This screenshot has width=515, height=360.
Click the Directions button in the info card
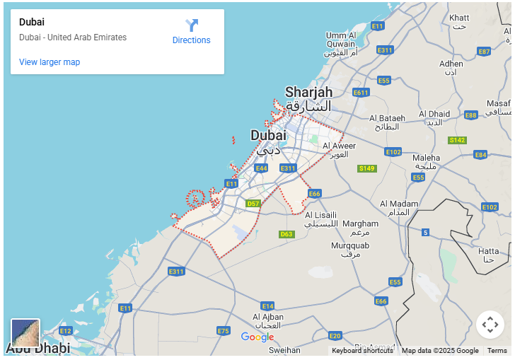tap(191, 32)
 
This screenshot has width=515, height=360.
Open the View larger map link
tap(50, 62)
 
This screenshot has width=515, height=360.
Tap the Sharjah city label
tap(308, 92)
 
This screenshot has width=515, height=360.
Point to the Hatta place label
tap(488, 251)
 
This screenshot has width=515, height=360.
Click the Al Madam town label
tap(399, 204)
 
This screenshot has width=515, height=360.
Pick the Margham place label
tap(360, 223)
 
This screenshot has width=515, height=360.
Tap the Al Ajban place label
tap(268, 318)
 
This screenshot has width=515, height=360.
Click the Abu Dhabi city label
tap(38, 348)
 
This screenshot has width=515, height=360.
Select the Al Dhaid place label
tap(434, 114)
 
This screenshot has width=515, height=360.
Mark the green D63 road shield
tap(286, 234)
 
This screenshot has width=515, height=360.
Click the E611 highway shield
tap(361, 93)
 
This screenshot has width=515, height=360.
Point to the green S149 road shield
tap(366, 168)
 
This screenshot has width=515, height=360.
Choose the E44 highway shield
tap(261, 168)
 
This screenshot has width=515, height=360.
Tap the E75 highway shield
tap(224, 331)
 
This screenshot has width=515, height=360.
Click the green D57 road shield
tap(253, 204)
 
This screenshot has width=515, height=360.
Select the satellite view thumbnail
tap(25, 332)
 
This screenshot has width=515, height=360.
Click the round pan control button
tap(490, 325)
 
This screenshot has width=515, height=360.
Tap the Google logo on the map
tap(257, 337)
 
